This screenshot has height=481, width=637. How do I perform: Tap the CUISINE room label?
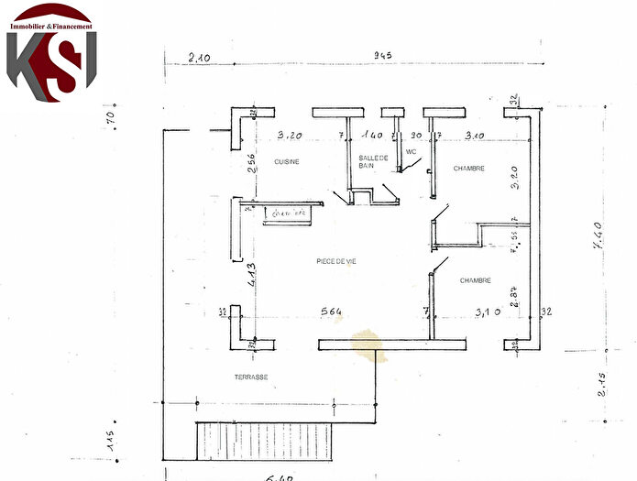tap(288, 161)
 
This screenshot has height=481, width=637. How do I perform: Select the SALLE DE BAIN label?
tap(374, 162)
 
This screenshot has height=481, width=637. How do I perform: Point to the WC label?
tap(412, 152)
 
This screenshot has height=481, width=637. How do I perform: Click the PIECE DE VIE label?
tap(335, 261)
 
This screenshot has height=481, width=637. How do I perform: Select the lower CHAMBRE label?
tap(476, 280)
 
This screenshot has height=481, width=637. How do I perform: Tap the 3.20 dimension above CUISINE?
tap(291, 135)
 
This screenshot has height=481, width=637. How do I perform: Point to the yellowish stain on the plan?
tap(368, 344)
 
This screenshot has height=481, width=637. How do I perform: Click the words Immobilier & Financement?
tap(51, 27)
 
